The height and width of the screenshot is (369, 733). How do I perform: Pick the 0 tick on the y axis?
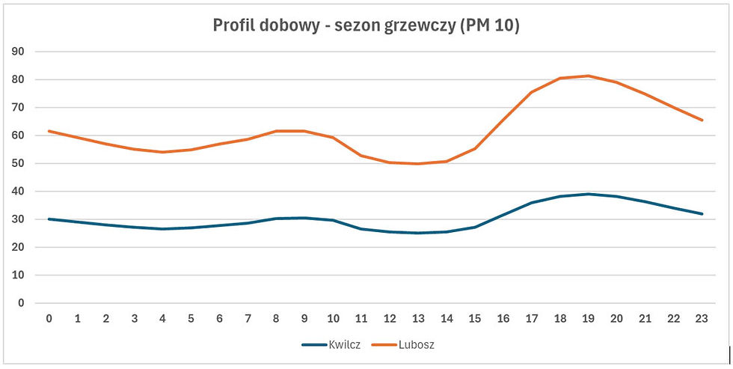point(20,303)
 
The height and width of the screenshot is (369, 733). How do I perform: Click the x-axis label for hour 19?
point(589,318)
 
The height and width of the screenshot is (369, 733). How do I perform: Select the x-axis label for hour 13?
point(418,318)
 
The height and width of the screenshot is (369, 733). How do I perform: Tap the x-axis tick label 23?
point(702,318)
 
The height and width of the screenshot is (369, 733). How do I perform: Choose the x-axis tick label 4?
point(162,318)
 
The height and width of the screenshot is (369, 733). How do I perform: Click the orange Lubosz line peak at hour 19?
point(589,76)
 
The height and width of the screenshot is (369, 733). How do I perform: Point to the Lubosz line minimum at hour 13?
point(418,164)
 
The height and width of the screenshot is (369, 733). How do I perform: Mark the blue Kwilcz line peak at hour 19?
point(589,194)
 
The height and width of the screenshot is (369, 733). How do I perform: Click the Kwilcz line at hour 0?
point(49,219)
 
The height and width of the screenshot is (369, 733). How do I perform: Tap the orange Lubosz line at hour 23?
point(702,120)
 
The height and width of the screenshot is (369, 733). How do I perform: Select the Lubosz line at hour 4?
point(162,152)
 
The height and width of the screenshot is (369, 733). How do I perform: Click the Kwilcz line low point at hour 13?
point(418,233)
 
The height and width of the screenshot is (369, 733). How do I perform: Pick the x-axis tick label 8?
point(276,318)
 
